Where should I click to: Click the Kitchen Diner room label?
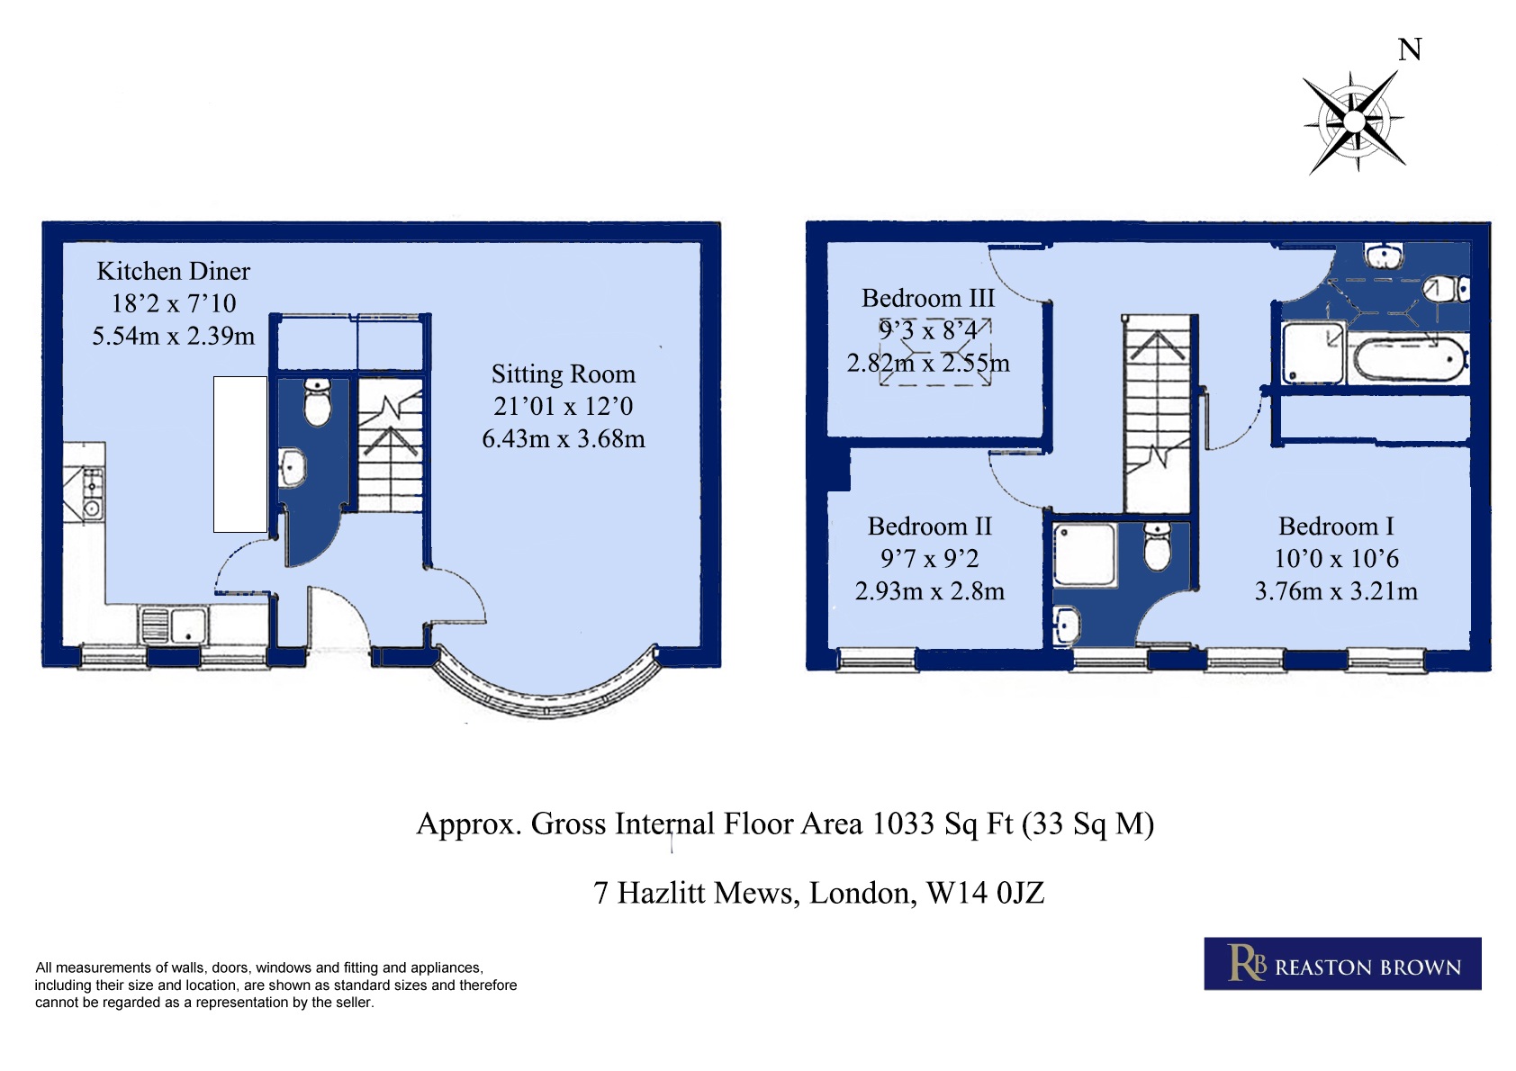point(173,271)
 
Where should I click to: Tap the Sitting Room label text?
point(563,374)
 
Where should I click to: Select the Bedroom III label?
point(928,299)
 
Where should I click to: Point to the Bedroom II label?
point(929,526)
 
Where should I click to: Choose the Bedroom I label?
point(1336,526)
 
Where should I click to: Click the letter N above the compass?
point(1410,49)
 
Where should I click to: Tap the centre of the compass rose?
point(1354,121)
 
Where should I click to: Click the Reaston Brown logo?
point(1343,963)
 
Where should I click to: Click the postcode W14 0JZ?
point(986,893)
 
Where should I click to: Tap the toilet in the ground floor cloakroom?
point(317,401)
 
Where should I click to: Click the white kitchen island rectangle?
point(240,454)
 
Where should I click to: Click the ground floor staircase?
point(390,445)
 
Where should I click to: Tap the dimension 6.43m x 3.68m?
point(563,439)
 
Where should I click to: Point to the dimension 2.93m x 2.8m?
point(929,591)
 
